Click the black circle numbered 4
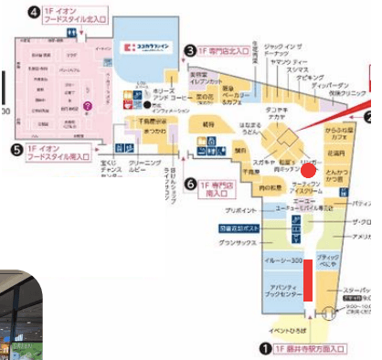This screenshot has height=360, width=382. (x=34, y=12)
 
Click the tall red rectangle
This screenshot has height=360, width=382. (x=309, y=283)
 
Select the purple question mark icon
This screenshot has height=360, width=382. (x=89, y=106)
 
